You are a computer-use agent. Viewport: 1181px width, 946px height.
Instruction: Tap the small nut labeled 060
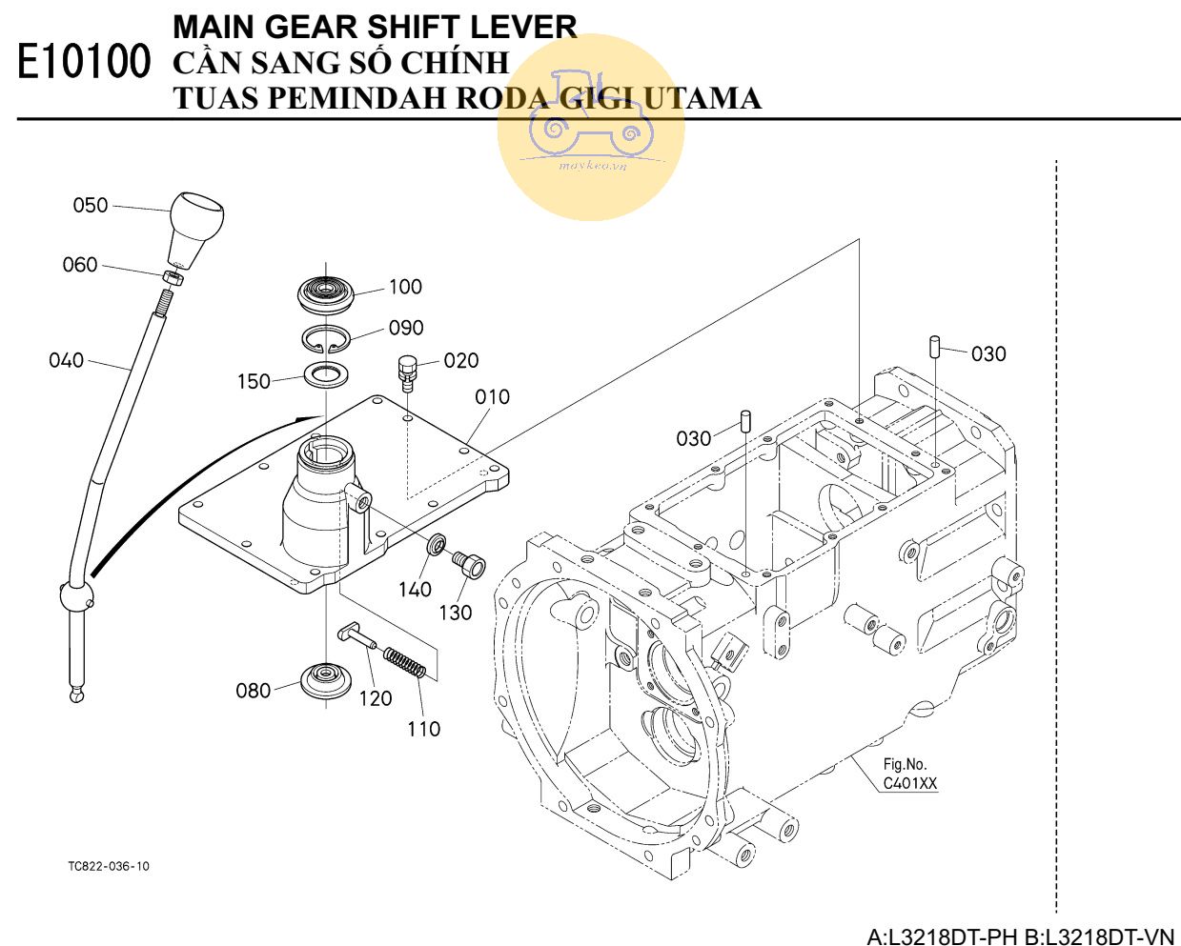173,278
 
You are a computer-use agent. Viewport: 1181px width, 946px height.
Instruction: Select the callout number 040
66,360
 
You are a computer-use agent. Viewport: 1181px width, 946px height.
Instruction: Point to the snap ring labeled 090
327,339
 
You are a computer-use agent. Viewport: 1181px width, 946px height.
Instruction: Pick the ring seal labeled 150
326,374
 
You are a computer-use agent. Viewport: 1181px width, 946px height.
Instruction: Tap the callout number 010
492,396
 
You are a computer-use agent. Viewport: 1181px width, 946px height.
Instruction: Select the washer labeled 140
436,545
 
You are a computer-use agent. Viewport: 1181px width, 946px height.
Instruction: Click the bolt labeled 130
469,565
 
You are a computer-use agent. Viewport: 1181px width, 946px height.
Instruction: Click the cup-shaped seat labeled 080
325,680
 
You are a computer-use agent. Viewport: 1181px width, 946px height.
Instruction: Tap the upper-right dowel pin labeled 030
936,345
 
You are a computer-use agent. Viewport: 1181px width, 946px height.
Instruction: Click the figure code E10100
84,63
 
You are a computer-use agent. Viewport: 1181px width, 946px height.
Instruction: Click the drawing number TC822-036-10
109,866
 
